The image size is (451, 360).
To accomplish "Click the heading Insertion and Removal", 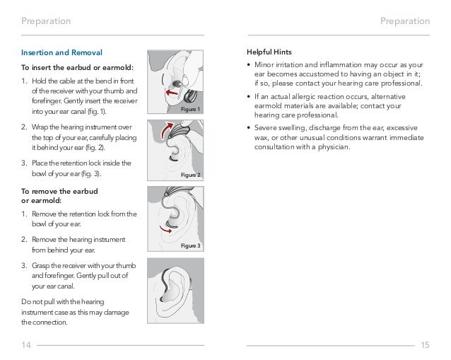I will (61, 53).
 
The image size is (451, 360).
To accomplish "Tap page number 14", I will (27, 344).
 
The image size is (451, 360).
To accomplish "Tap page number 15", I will (424, 344).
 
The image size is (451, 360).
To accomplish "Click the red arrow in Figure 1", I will (171, 92).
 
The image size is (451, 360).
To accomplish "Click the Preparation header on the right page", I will (404, 21).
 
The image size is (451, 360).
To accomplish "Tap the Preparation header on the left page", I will (46, 21).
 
